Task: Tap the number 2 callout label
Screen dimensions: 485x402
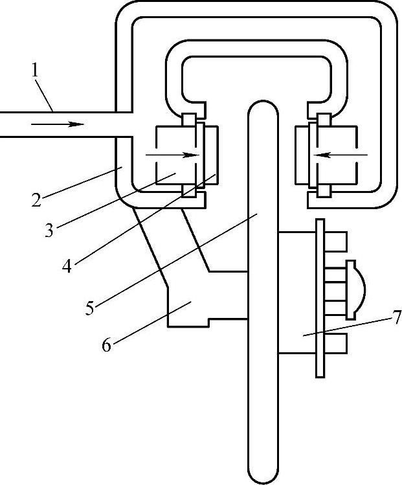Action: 38,199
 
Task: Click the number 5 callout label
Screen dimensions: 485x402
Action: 90,307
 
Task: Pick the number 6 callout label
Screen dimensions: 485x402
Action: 106,344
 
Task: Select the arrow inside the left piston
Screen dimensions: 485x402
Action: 172,155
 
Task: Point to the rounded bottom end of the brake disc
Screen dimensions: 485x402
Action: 262,476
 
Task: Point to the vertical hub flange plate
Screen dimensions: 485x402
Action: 319,297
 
